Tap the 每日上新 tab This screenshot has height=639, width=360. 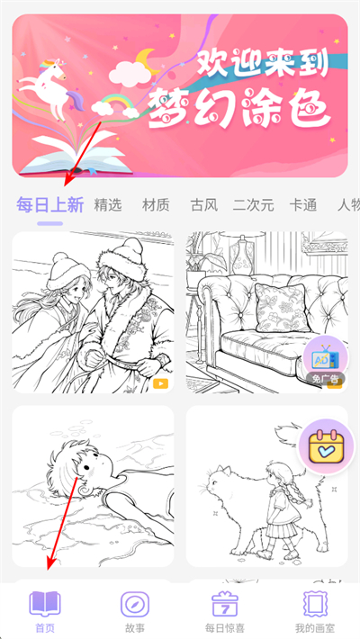click(x=50, y=204)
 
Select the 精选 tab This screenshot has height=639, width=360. click(x=108, y=204)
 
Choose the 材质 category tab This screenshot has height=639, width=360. click(x=156, y=204)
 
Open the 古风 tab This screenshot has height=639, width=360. click(x=204, y=204)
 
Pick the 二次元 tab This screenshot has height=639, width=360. click(x=253, y=204)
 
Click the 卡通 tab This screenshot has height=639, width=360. click(x=303, y=204)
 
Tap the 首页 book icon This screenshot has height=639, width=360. click(x=44, y=604)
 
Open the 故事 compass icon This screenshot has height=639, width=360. click(x=135, y=604)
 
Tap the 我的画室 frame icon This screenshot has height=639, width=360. click(x=314, y=604)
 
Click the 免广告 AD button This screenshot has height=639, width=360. click(x=323, y=361)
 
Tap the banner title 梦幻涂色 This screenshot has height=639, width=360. click(x=238, y=107)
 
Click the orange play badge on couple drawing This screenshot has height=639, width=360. click(x=160, y=383)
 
